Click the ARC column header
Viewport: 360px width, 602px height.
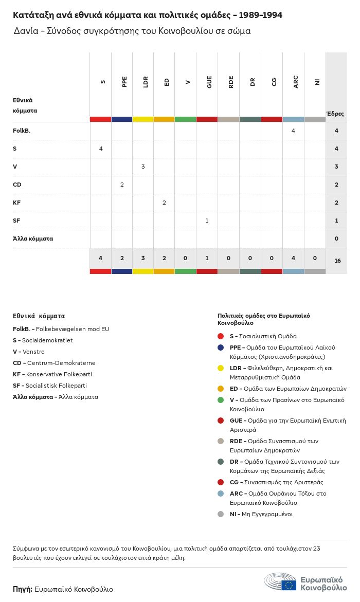(x=295, y=82)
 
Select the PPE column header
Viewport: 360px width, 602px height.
(x=124, y=82)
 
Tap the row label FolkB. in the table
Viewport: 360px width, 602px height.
(x=22, y=131)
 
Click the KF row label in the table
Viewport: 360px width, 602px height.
(x=16, y=203)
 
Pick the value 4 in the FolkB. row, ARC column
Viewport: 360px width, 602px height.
(x=293, y=131)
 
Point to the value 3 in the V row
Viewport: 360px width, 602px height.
(x=143, y=167)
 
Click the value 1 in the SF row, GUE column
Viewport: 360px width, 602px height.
(x=207, y=221)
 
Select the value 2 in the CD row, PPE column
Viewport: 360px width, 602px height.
(x=122, y=185)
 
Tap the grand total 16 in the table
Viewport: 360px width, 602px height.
(x=337, y=261)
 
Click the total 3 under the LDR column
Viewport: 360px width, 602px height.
(x=143, y=258)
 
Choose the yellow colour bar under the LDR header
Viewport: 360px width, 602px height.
(x=143, y=119)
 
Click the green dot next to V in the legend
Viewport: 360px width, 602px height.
(x=221, y=400)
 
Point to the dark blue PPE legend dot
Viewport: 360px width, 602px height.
(x=221, y=348)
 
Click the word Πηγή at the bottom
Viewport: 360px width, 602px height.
(x=23, y=589)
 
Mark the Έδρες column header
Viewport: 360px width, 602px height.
(x=335, y=114)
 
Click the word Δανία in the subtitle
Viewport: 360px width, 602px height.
(x=25, y=31)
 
